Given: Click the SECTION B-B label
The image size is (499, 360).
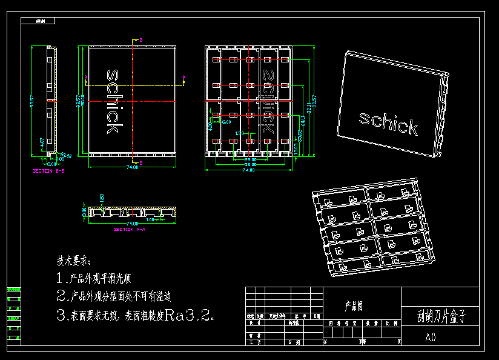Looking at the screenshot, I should tap(48, 172).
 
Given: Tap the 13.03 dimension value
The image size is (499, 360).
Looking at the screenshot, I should tap(296, 149).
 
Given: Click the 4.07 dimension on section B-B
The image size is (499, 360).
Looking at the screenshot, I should tap(41, 144).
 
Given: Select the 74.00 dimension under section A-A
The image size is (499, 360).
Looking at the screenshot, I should tap(132, 224).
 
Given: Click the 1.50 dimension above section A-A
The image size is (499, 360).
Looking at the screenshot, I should tap(102, 198).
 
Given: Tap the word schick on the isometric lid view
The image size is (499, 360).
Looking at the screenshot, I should tap(388, 122).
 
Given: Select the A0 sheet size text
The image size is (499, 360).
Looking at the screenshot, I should tap(431, 337).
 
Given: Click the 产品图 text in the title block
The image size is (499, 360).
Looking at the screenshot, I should tap(354, 307).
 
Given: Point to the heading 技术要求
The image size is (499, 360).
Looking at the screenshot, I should tap(73, 261).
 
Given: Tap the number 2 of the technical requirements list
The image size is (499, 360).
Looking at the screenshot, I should tap(61, 297).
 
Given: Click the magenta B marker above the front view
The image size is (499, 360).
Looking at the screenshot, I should tap(141, 40).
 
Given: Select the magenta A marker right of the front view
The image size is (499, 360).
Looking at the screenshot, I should tap(183, 77).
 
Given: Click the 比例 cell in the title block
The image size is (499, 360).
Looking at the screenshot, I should tap(392, 324).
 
